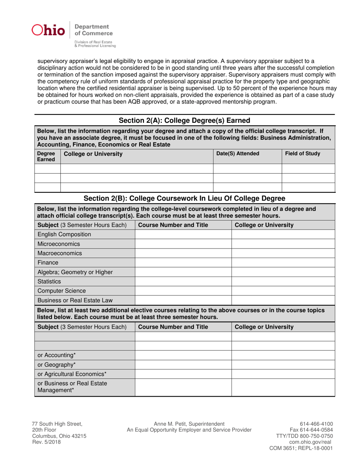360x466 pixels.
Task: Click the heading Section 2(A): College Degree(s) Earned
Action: tap(185, 120)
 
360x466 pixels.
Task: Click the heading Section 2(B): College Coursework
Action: tap(185, 198)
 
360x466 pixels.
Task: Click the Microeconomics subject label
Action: tap(55, 244)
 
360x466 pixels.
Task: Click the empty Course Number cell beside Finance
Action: tap(183, 262)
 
